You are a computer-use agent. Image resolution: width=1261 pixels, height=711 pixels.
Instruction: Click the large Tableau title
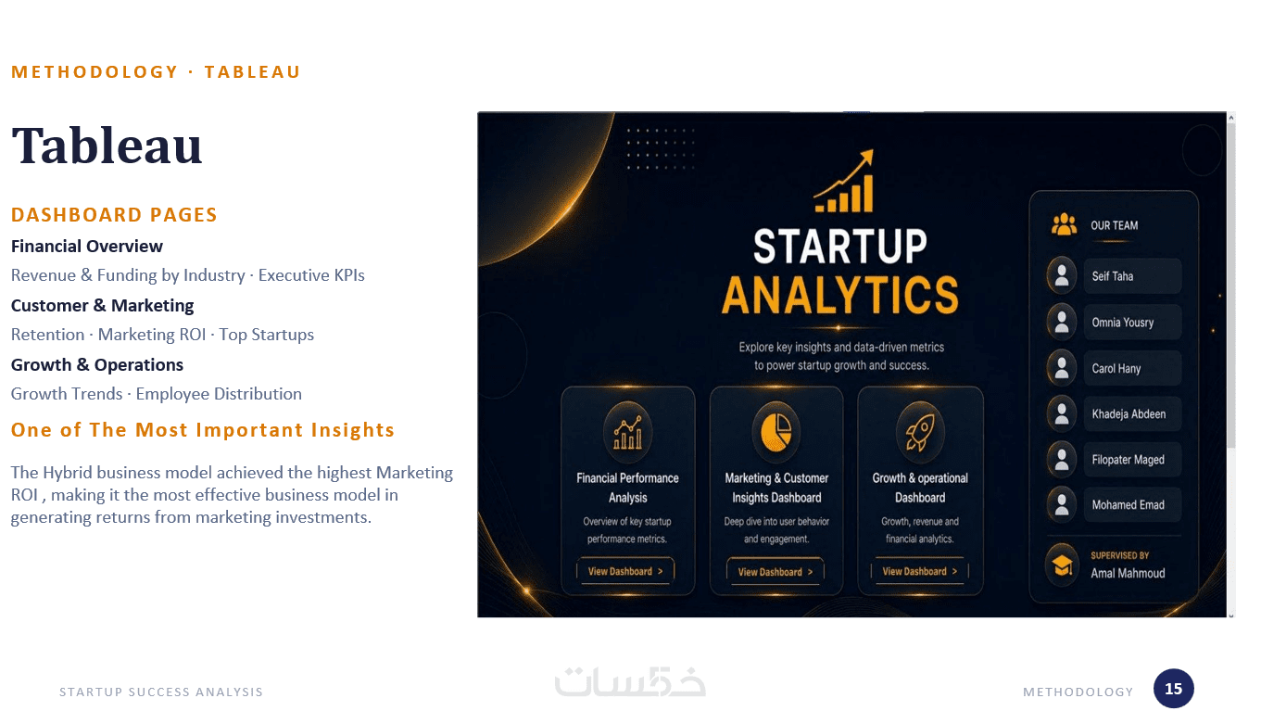tap(107, 146)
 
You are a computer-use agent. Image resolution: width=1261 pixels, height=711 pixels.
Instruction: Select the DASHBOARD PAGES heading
tap(114, 215)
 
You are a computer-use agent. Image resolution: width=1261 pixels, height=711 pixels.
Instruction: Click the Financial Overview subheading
tap(87, 247)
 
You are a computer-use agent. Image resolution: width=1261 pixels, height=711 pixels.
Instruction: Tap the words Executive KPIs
tap(311, 275)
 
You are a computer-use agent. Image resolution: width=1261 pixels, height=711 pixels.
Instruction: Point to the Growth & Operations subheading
tap(97, 364)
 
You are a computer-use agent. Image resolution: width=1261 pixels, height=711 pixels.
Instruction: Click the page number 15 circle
tap(1174, 689)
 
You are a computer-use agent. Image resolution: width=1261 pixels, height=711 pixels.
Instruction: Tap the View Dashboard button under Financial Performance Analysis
tap(625, 571)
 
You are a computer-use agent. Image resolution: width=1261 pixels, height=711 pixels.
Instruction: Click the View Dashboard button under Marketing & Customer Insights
tap(776, 572)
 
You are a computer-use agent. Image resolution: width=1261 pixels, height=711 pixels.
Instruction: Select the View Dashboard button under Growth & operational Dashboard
tap(920, 571)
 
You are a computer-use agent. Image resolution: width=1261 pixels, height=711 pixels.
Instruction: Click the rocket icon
tap(920, 432)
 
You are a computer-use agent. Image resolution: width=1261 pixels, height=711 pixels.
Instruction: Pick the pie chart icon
tap(776, 432)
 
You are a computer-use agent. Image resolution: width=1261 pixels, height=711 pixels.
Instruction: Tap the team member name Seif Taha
tap(1113, 276)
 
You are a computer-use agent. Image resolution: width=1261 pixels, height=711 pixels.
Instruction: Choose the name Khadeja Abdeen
tap(1129, 413)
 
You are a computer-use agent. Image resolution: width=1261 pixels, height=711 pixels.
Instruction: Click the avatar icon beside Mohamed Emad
tap(1062, 505)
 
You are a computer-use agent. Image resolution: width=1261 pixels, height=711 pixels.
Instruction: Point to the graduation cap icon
tap(1063, 565)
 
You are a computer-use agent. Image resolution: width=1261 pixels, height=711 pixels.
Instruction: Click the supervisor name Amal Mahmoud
tap(1128, 573)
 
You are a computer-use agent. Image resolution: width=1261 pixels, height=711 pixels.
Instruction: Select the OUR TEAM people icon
tap(1064, 224)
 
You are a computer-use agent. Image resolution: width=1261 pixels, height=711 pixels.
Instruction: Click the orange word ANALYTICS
tap(840, 295)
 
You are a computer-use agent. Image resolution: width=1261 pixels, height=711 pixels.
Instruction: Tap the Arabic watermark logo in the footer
tap(630, 681)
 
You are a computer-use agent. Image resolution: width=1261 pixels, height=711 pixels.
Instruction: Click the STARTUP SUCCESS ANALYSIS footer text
tap(161, 692)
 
